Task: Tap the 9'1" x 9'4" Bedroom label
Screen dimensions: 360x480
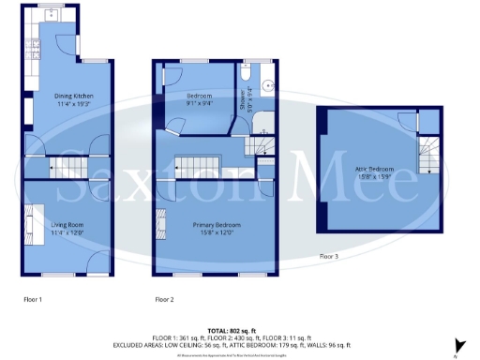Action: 198,98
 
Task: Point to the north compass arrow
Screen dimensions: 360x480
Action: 457,347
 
